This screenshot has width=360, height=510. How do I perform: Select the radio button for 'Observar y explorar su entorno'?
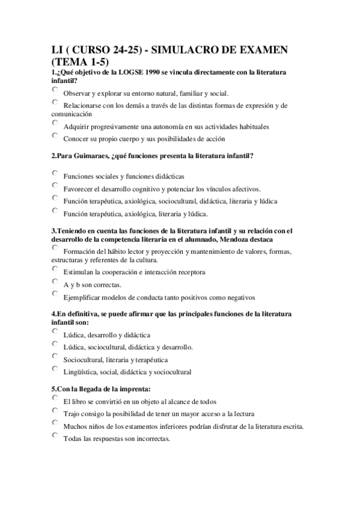tap(55, 90)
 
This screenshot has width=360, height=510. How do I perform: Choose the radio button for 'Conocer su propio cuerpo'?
tap(55, 135)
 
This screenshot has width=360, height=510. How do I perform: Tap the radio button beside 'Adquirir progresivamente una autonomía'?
tap(55, 123)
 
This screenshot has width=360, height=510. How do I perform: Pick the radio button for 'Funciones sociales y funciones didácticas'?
tap(55, 173)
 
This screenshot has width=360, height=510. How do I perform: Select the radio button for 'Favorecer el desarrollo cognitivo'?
tap(55, 185)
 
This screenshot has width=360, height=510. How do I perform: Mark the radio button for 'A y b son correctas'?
tap(55, 281)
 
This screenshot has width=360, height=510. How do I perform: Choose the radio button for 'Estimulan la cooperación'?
tap(55, 269)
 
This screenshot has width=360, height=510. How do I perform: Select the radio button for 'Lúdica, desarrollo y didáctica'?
tap(55, 331)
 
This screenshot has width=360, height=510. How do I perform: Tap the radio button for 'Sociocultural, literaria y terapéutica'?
tap(55, 357)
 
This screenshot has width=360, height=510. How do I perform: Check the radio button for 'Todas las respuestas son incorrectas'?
tap(55, 435)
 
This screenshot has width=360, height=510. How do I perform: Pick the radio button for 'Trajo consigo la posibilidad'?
tap(55, 411)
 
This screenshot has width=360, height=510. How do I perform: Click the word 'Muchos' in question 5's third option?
tap(73, 426)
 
